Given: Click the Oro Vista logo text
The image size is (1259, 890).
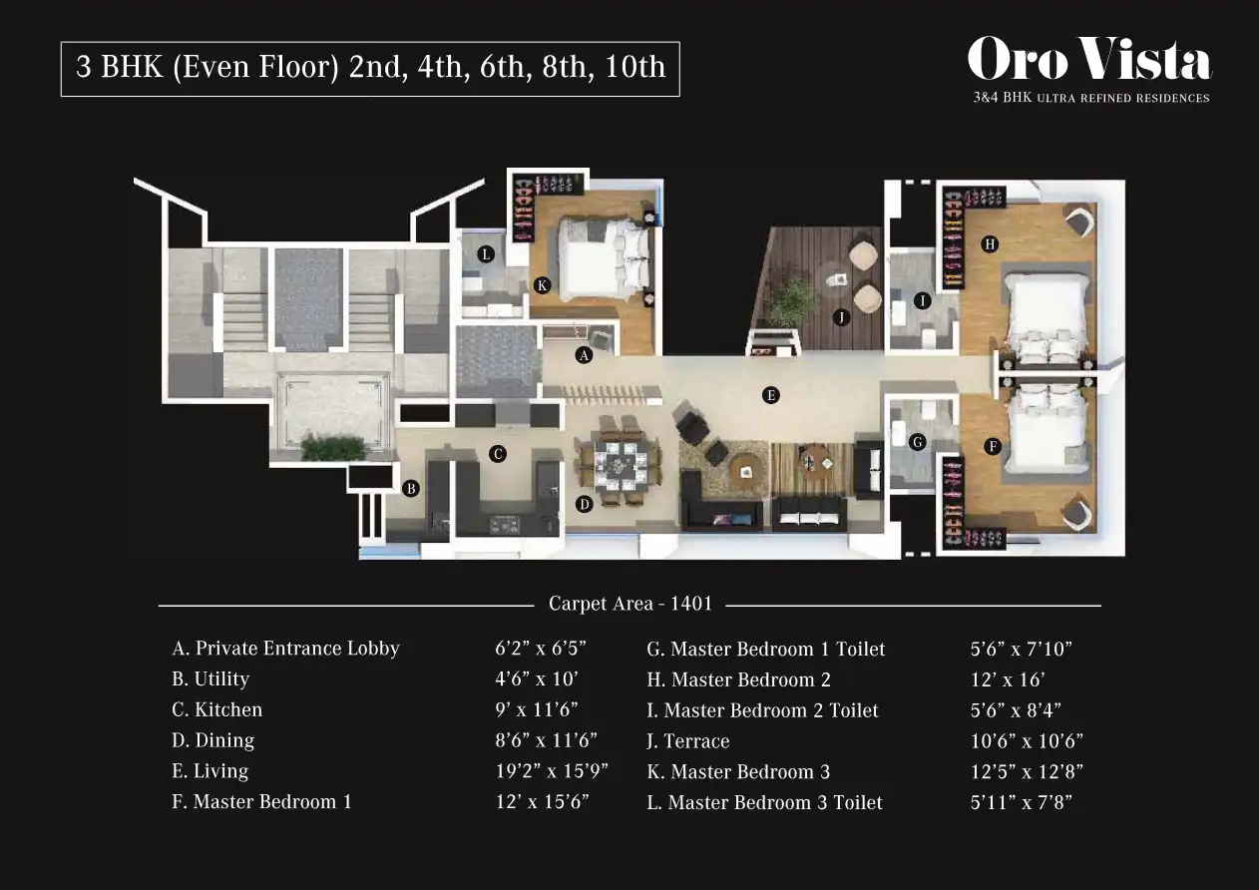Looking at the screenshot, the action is pyautogui.click(x=1089, y=59).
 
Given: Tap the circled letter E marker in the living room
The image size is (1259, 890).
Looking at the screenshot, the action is pyautogui.click(x=770, y=395).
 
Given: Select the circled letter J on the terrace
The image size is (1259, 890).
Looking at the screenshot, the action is pyautogui.click(x=841, y=317).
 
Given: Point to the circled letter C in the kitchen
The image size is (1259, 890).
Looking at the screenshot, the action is pyautogui.click(x=498, y=454).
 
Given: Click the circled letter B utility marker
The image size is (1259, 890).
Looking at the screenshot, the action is pyautogui.click(x=411, y=488).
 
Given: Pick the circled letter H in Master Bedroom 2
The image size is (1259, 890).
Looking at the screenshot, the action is pyautogui.click(x=990, y=244).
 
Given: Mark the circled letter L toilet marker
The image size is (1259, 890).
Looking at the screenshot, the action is pyautogui.click(x=486, y=254).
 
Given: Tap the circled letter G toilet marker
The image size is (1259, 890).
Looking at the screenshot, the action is pyautogui.click(x=917, y=442).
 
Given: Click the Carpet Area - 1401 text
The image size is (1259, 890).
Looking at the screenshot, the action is pyautogui.click(x=630, y=604).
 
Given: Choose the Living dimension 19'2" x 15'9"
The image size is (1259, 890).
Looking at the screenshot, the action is pyautogui.click(x=552, y=771).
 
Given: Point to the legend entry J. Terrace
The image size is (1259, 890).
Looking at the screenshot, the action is pyautogui.click(x=688, y=741).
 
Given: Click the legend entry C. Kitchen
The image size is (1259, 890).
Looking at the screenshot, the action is pyautogui.click(x=216, y=709).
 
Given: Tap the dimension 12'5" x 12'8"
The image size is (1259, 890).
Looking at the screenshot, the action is pyautogui.click(x=1027, y=771).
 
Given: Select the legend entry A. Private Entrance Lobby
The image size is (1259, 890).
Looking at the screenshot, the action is pyautogui.click(x=285, y=649).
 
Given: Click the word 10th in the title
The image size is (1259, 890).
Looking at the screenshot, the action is pyautogui.click(x=634, y=66).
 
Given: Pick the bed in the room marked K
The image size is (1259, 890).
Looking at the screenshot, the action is pyautogui.click(x=604, y=258).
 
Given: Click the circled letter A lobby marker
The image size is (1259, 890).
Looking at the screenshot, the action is pyautogui.click(x=584, y=355).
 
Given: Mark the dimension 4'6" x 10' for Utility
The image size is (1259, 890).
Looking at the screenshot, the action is pyautogui.click(x=536, y=679).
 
